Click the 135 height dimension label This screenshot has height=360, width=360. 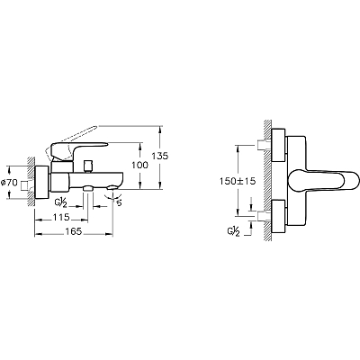(159, 156)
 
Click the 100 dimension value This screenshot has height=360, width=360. (139, 165)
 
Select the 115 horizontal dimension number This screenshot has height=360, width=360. (60, 217)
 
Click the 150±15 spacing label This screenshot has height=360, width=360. (237, 181)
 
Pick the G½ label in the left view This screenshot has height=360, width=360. (60, 203)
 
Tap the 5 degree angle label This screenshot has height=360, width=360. (119, 203)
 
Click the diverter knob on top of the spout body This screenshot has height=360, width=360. (88, 166)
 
